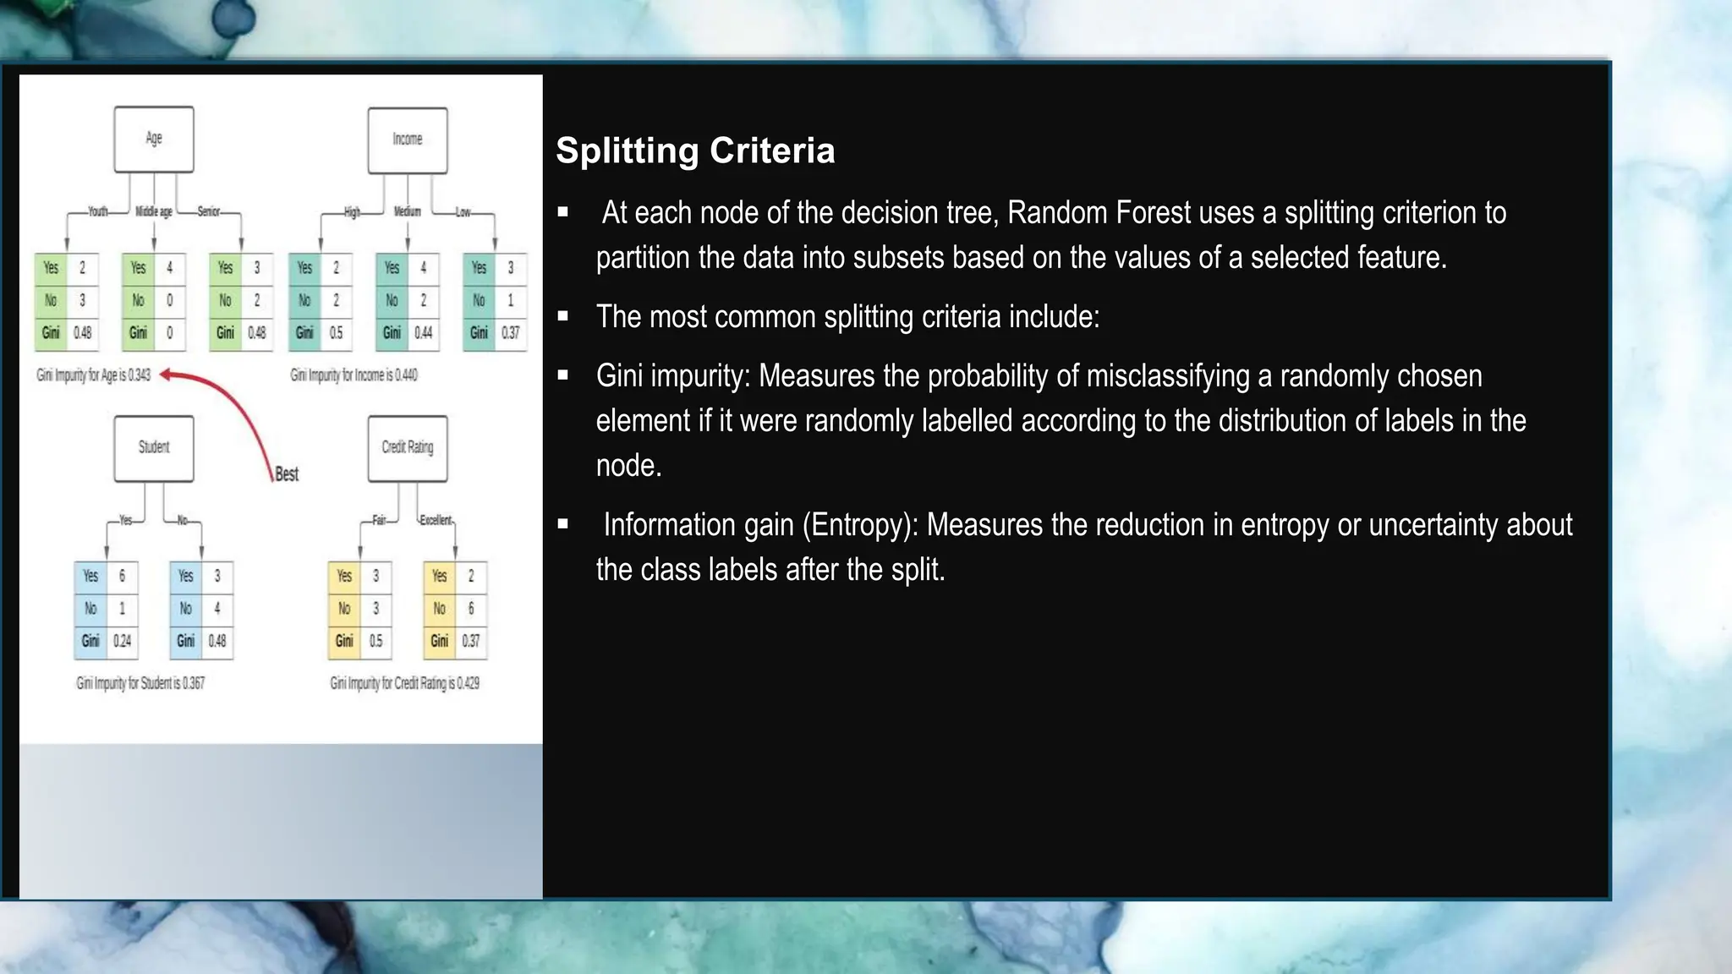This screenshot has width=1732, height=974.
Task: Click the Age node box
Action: pyautogui.click(x=154, y=140)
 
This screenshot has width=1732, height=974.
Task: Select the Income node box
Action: pyautogui.click(x=408, y=140)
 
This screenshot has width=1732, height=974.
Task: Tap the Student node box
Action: pyautogui.click(x=154, y=448)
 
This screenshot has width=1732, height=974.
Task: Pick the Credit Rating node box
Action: pyautogui.click(x=408, y=448)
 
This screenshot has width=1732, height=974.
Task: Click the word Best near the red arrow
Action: pyautogui.click(x=287, y=474)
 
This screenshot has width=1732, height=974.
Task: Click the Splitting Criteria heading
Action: pyautogui.click(x=695, y=150)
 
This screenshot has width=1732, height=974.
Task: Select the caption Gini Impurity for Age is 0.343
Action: pyautogui.click(x=94, y=375)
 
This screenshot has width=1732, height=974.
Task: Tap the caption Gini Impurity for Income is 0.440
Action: pyautogui.click(x=354, y=375)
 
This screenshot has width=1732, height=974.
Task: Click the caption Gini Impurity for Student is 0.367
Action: pyautogui.click(x=140, y=683)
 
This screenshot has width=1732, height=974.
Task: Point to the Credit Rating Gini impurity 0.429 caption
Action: pyautogui.click(x=404, y=683)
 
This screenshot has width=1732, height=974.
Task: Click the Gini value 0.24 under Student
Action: pyautogui.click(x=123, y=641)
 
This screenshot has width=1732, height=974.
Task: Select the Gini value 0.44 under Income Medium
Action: pyautogui.click(x=424, y=333)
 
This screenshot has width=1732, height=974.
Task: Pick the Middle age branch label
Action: pyautogui.click(x=154, y=211)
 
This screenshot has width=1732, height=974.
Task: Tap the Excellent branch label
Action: pyautogui.click(x=436, y=520)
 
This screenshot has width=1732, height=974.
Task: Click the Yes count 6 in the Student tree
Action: pyautogui.click(x=122, y=576)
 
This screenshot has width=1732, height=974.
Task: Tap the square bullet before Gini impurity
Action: pyautogui.click(x=563, y=375)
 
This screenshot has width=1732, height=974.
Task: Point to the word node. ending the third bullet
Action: pyautogui.click(x=628, y=466)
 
